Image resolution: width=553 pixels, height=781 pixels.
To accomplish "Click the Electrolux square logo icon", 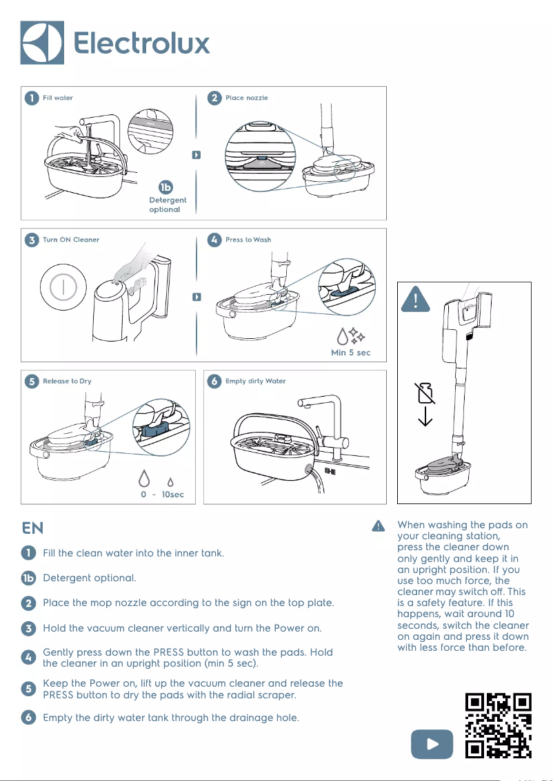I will point(42,43).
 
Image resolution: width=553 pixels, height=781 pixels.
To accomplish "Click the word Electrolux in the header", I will point(141,43).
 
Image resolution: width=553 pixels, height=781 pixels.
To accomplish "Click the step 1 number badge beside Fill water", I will point(31,98).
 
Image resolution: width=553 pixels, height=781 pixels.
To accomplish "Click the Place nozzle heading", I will point(246,98).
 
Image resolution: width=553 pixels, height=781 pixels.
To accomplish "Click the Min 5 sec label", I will point(351,353).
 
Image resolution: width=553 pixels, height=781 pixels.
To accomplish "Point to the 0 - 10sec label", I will point(158,494).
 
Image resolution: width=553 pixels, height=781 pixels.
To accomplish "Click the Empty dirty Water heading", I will point(255,381).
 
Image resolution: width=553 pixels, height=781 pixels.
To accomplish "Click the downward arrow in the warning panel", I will point(425,416).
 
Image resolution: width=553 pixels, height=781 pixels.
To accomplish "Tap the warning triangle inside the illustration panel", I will point(416,300).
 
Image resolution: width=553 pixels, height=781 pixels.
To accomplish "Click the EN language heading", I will point(32,528).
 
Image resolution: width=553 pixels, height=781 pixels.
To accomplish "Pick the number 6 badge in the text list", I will point(28,718).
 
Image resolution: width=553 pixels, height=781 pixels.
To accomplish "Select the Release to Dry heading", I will point(67,381).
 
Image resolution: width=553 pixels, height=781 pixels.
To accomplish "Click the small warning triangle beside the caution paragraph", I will point(378,526).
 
